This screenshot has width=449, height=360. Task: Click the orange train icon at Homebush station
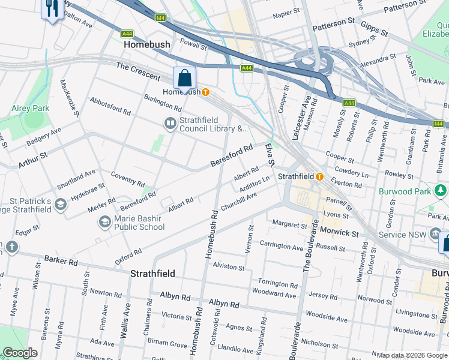click(x=205, y=92)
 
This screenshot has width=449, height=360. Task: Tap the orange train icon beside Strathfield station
click(x=319, y=176)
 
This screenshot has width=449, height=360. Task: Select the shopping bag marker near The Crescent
click(x=184, y=78)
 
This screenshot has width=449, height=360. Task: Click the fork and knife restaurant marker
click(x=52, y=8)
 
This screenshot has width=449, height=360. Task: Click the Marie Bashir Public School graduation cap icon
click(x=104, y=222)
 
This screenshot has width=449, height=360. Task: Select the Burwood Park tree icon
click(x=441, y=191)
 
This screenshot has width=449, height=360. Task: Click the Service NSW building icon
click(x=435, y=234)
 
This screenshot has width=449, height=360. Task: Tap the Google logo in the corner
click(x=20, y=353)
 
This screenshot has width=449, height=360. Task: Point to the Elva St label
click(x=270, y=155)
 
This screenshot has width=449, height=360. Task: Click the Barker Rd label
click(x=61, y=262)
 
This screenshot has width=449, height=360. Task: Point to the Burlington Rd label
click(x=162, y=103)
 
